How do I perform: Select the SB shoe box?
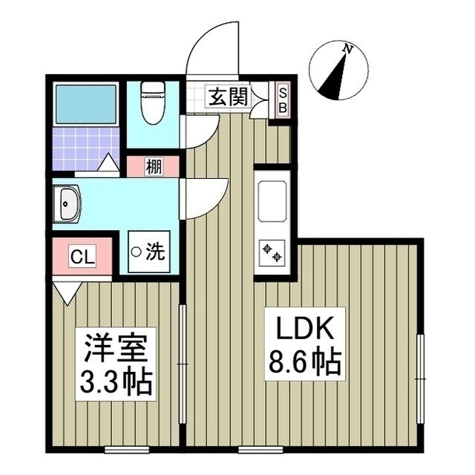[x=283, y=99]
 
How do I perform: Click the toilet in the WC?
[x=153, y=102]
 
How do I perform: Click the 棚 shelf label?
[x=153, y=168]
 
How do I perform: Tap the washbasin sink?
[x=68, y=204]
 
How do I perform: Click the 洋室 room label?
[x=117, y=347]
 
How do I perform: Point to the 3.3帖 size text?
[x=117, y=384]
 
